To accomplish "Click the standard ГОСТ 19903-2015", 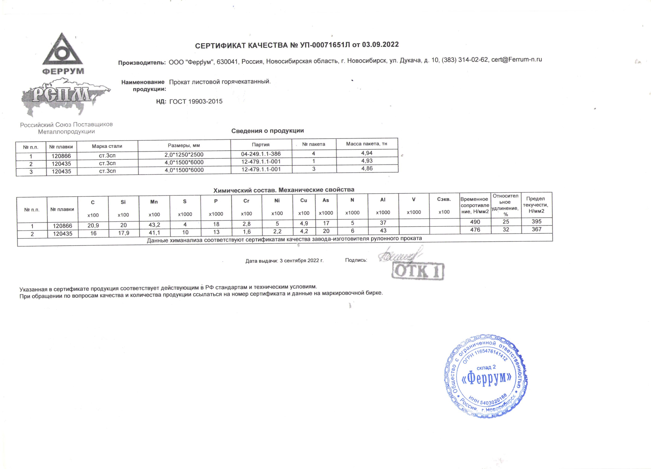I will pos(196,101).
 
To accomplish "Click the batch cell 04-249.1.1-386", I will pos(261,154).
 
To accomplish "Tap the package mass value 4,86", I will pos(367,168).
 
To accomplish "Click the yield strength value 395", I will pos(536,222).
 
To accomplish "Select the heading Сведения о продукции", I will pos(267,131).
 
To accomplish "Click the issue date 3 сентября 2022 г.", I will pos(301,261).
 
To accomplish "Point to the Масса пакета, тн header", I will pos(367,144).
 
